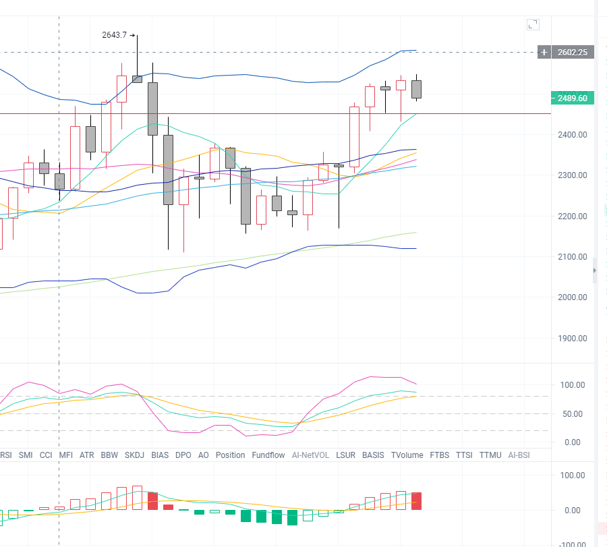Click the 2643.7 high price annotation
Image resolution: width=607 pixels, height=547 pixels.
115,35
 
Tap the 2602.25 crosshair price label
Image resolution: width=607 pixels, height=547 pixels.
573,52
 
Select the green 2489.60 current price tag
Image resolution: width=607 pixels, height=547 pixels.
572,98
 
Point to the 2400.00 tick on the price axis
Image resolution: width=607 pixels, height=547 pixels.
572,135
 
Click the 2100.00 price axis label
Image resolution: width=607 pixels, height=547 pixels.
572,257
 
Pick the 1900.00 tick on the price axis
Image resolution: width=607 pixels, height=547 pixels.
572,339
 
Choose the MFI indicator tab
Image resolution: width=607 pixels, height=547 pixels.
66,455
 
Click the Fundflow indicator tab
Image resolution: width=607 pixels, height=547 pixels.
268,455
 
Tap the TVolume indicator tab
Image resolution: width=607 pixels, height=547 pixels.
407,455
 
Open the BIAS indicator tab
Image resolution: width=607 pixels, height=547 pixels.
161,455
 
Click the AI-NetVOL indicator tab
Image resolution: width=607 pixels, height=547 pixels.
310,455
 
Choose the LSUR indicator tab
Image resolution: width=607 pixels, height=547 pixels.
345,455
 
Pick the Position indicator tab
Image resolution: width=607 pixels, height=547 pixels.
231,455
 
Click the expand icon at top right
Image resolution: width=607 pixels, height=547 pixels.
533,25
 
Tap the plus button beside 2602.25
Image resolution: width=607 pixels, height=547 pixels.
544,52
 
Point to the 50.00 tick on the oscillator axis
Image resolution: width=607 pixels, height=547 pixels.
572,414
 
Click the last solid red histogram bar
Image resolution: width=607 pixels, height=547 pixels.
416,500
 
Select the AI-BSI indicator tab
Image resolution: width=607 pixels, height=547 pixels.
519,455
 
